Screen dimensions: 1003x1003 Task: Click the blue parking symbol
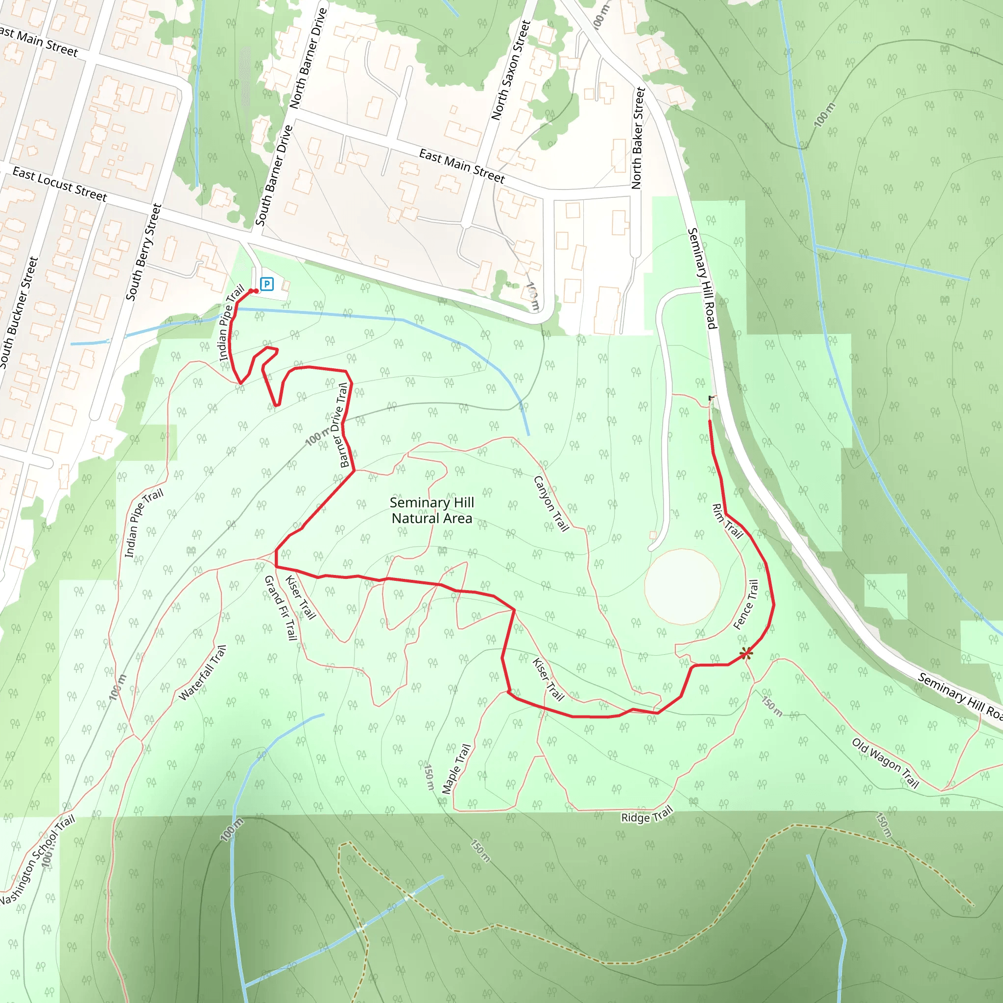(267, 284)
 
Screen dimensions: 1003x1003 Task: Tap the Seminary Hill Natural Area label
(432, 510)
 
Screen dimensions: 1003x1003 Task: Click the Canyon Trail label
(551, 503)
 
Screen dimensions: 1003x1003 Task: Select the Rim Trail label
(727, 521)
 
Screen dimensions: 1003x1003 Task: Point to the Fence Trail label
(746, 605)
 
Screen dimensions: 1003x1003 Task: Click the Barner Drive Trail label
(343, 425)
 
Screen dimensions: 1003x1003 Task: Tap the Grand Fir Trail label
(281, 607)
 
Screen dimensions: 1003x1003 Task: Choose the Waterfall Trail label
(202, 673)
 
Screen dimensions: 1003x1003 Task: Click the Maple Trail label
(456, 769)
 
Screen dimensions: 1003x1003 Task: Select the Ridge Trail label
(647, 814)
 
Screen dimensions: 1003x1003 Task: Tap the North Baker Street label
(638, 138)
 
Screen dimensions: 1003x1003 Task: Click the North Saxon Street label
(511, 70)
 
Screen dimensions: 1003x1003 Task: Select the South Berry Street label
(144, 252)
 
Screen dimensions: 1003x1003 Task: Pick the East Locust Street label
(60, 184)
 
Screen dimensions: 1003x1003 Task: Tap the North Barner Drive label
(309, 58)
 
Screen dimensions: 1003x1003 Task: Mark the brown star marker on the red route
(746, 654)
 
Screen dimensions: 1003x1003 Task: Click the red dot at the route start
(256, 291)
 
